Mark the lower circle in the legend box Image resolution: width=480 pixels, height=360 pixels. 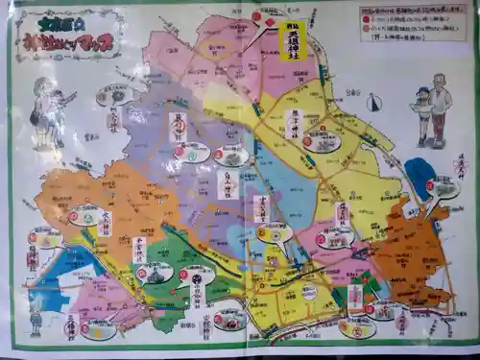(x=366, y=30)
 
